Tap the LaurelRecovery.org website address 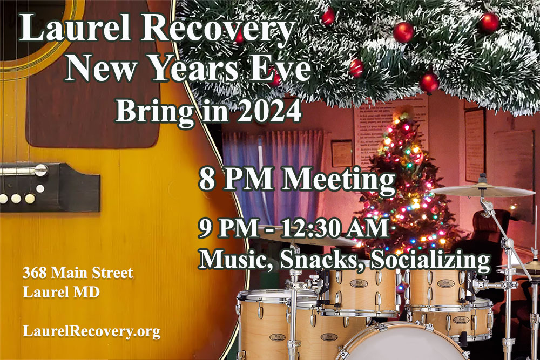click(x=92, y=331)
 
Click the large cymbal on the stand click(x=482, y=191)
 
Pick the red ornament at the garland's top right click(x=489, y=22)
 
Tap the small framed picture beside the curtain click(x=342, y=153)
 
